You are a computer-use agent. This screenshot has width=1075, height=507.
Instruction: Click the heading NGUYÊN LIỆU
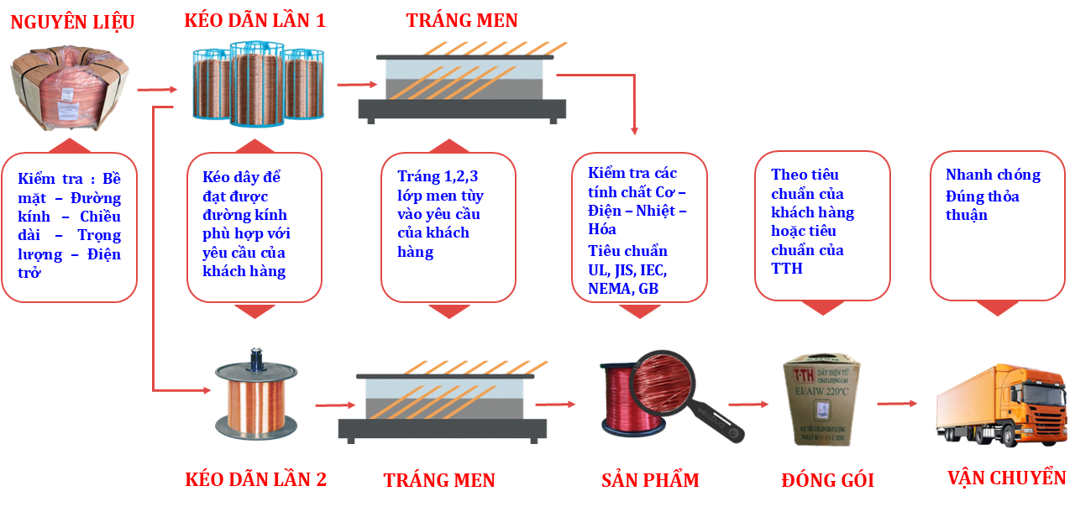tap(72, 23)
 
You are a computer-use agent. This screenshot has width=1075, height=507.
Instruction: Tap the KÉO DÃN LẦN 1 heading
tap(254, 21)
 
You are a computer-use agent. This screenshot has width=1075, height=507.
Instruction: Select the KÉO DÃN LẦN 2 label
tap(255, 480)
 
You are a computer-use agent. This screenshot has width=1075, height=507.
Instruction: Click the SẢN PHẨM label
tap(650, 481)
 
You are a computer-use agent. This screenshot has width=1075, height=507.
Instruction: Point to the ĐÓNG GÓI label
tap(827, 481)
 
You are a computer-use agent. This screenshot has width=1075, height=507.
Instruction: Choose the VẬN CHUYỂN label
tap(1006, 478)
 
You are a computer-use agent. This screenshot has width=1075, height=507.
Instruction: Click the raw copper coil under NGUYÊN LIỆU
tap(69, 90)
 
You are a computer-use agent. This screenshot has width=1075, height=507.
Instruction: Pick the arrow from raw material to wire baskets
tap(157, 89)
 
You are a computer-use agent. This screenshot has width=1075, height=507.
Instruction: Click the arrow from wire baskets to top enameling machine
tap(356, 84)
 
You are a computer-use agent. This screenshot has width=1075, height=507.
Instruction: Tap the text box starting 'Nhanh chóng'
tap(997, 225)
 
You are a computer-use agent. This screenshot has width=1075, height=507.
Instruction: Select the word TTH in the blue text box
tap(787, 269)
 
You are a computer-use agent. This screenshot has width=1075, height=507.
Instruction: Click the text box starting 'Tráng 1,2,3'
tap(448, 227)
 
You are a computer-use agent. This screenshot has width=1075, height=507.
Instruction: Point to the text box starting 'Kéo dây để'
tap(254, 227)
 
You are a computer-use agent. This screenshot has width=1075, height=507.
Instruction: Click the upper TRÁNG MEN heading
tap(462, 20)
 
